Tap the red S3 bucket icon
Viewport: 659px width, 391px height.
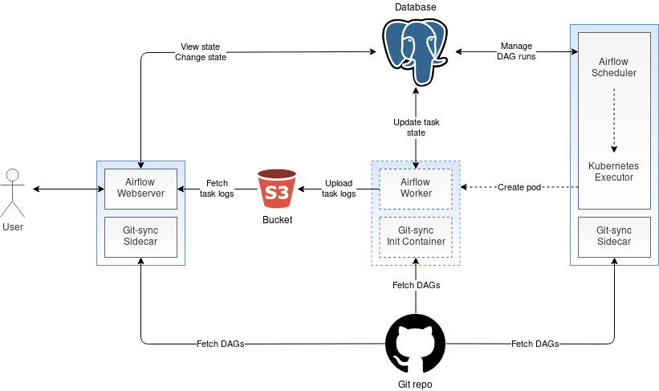click(277, 190)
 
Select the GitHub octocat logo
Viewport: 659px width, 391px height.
click(416, 344)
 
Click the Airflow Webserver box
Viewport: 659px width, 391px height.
click(140, 188)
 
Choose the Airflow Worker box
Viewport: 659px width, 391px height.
click(416, 188)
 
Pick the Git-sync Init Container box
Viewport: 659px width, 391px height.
click(416, 236)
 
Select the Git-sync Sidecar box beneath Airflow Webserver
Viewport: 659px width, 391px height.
click(140, 236)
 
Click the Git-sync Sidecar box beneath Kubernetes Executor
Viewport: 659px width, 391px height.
click(613, 236)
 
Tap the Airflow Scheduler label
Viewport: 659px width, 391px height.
click(613, 67)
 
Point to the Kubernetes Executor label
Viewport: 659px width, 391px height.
click(613, 171)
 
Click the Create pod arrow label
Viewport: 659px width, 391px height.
click(517, 188)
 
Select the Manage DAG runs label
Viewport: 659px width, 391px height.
click(517, 51)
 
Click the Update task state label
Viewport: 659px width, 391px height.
click(416, 127)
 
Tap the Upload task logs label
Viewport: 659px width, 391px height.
click(339, 188)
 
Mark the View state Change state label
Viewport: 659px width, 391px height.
click(200, 52)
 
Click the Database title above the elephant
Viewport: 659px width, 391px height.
click(416, 7)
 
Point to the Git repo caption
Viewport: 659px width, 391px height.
click(416, 384)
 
